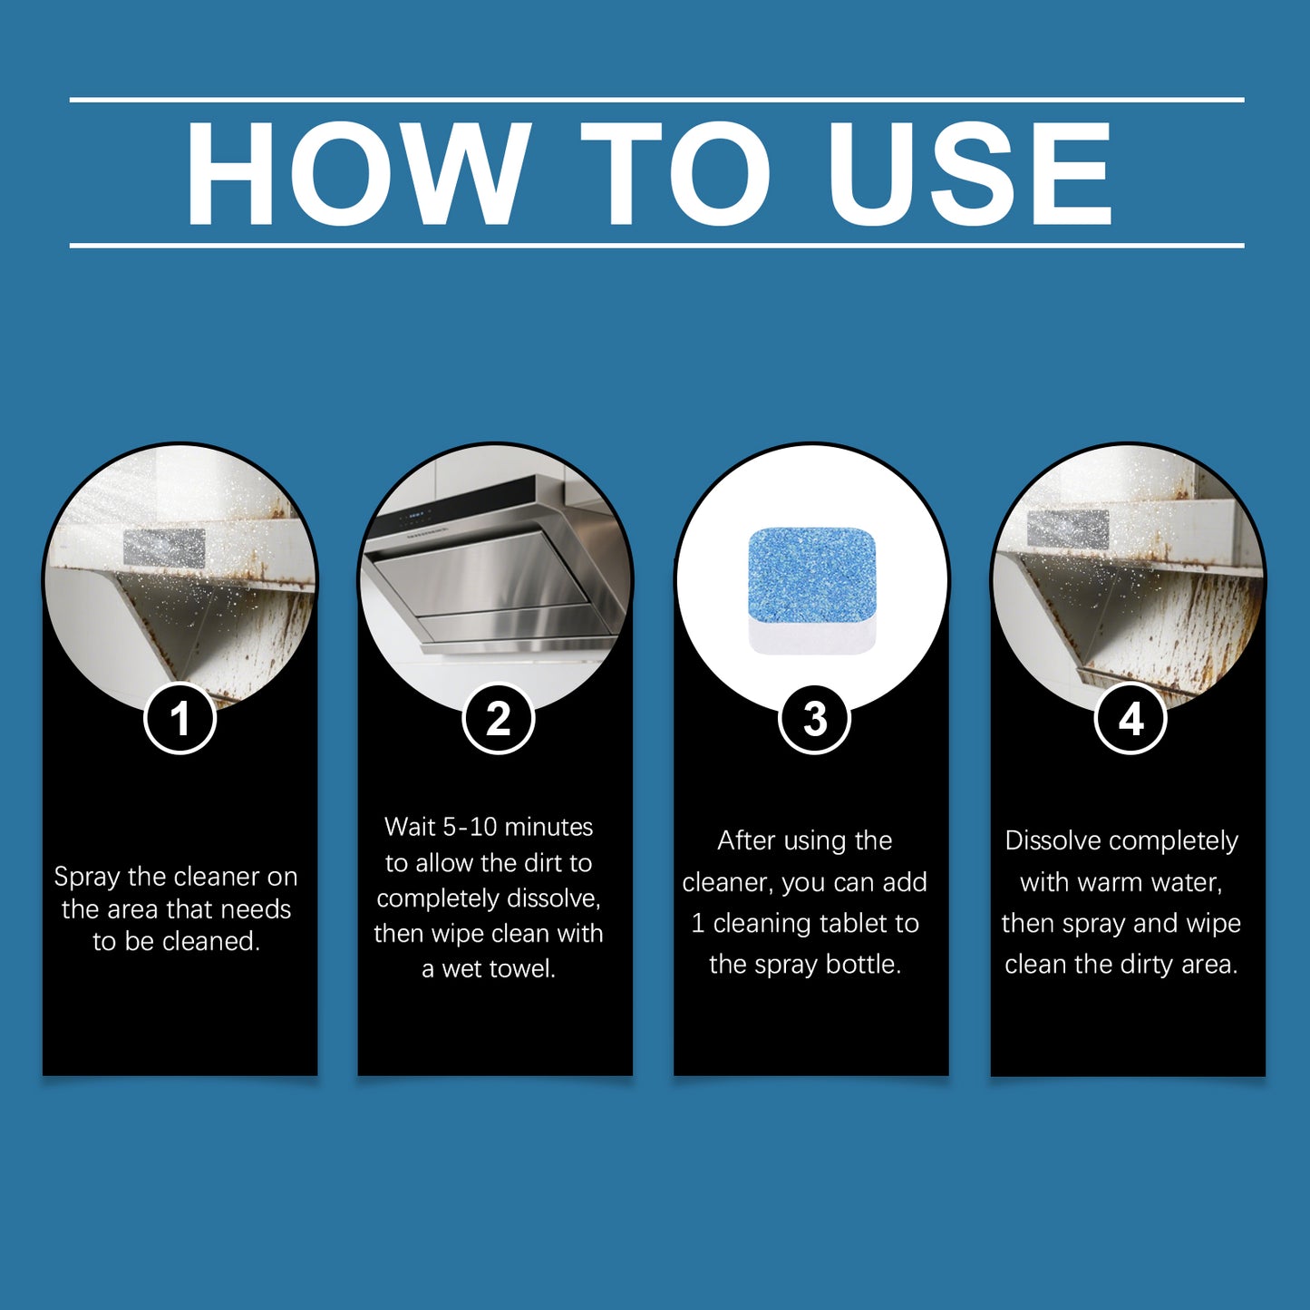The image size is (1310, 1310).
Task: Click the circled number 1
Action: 180,719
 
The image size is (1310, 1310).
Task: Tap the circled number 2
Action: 498,719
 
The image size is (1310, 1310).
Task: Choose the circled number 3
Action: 814,719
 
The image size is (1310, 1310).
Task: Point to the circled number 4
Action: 1130,719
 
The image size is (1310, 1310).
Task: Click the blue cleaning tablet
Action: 812,580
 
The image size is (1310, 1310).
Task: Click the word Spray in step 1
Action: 87,877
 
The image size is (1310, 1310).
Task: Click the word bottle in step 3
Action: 864,965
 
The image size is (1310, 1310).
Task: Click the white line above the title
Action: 656,99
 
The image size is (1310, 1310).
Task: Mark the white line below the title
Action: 656,245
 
